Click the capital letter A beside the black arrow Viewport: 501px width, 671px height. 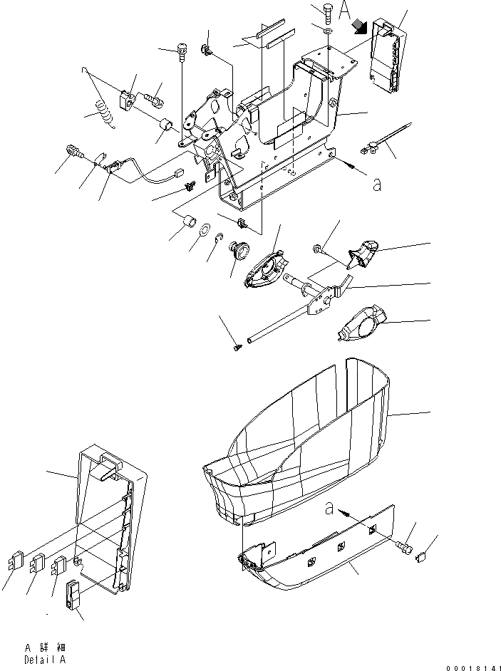tap(344, 11)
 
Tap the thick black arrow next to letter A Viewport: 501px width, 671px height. tap(360, 27)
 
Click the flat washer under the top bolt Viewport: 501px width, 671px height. tap(326, 33)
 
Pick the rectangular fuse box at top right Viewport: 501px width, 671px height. tap(384, 56)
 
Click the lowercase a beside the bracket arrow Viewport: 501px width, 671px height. tap(376, 184)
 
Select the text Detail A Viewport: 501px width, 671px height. tap(45, 660)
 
